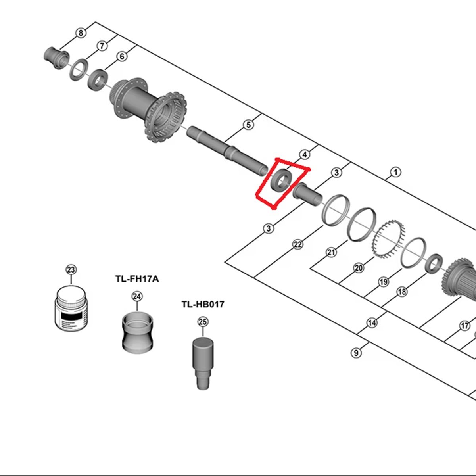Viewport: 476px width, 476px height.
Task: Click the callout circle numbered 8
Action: point(81,33)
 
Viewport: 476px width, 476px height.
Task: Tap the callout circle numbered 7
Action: point(102,46)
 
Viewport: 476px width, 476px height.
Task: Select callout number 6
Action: point(122,57)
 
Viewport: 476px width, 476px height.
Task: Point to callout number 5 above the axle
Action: point(248,125)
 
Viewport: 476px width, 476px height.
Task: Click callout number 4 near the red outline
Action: point(305,155)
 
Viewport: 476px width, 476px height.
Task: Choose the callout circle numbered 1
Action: point(396,172)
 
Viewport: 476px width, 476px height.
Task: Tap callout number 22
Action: point(297,244)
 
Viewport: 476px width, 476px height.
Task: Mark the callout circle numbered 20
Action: point(359,268)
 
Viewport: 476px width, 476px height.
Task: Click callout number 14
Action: point(372,322)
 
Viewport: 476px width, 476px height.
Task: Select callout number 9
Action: point(356,353)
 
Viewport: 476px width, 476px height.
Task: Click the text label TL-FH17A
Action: point(137,279)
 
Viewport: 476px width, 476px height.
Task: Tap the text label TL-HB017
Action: point(203,304)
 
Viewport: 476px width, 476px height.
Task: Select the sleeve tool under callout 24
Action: point(138,332)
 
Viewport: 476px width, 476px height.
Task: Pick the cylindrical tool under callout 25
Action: point(203,363)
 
